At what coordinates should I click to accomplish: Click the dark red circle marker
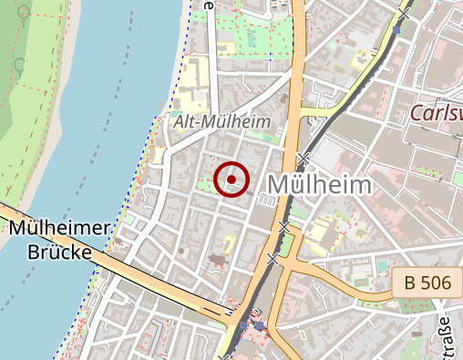pyautogui.click(x=231, y=179)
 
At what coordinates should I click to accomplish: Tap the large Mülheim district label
pyautogui.click(x=319, y=185)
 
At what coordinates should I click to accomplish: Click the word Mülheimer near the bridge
pyautogui.click(x=59, y=229)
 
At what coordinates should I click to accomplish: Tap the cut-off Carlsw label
pyautogui.click(x=436, y=113)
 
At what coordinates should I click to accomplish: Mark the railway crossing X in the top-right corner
pyautogui.click(x=403, y=14)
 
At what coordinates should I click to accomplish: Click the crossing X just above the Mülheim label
pyautogui.click(x=302, y=159)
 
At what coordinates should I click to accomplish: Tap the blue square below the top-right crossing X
pyautogui.click(x=397, y=30)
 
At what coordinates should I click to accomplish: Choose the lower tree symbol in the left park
pyautogui.click(x=20, y=64)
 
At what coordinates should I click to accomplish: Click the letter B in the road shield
pyautogui.click(x=408, y=283)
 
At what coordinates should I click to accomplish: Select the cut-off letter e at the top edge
pyautogui.click(x=210, y=4)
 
